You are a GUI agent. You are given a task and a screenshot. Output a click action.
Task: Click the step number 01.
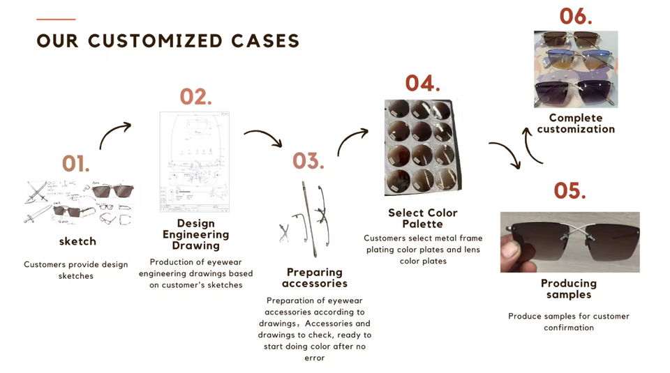tap(76, 163)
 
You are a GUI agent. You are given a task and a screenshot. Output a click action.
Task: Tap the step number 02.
tap(195, 96)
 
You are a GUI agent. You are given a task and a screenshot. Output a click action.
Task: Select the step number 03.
tap(308, 161)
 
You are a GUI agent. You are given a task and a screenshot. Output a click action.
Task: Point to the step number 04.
tap(423, 83)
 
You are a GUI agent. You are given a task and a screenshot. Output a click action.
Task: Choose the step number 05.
tap(570, 190)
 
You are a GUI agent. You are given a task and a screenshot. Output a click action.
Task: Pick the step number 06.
tap(576, 17)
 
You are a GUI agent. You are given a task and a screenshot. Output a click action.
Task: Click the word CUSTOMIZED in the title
tap(155, 41)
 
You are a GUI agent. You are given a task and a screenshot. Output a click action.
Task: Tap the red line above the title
tap(56, 20)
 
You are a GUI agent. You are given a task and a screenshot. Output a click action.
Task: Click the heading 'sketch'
tap(77, 241)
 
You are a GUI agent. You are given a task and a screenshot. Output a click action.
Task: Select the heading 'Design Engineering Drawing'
tap(195, 234)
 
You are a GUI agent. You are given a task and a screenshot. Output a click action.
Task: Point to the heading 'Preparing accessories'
tap(315, 277)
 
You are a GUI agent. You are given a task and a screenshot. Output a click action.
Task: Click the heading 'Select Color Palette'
tap(423, 218)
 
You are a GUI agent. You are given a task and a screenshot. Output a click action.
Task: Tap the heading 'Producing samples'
tap(569, 289)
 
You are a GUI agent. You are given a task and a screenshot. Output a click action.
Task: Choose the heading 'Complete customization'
tap(576, 123)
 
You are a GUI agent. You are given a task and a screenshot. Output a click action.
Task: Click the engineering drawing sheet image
tap(195, 162)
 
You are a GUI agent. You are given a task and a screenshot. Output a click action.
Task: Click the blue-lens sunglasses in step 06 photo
tap(575, 60)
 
